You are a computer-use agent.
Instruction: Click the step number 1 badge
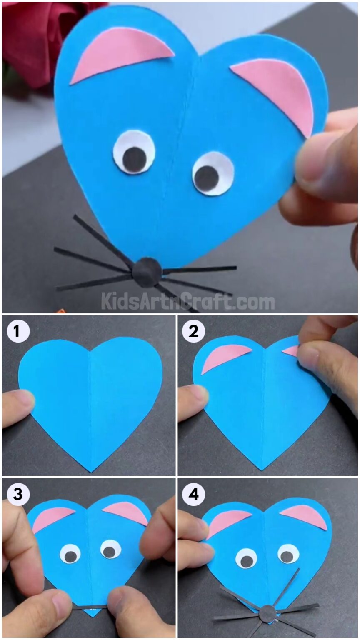17,332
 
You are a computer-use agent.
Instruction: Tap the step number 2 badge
193,332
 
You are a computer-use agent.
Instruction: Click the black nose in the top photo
147,272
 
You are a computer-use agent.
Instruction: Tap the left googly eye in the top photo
134,152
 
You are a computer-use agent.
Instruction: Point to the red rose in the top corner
37,37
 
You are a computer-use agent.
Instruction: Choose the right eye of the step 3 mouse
110,549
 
